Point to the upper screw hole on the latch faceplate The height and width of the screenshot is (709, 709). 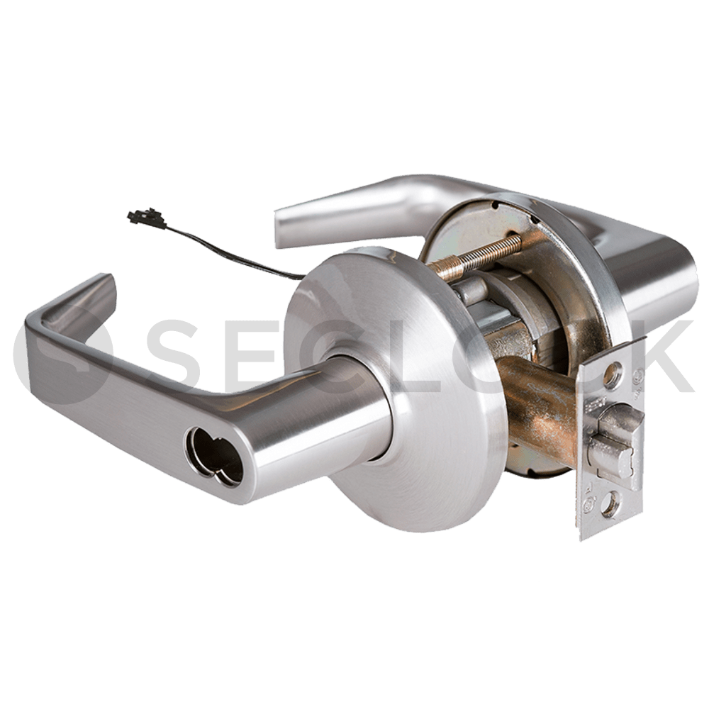[615, 372]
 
